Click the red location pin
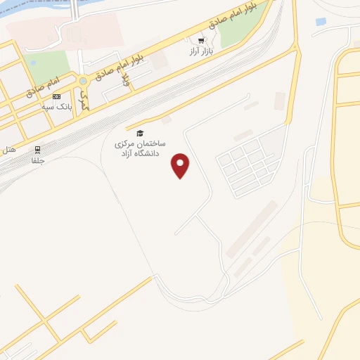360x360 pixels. (x=181, y=165)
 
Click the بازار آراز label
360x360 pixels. (x=201, y=51)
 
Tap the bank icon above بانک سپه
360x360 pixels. (x=57, y=97)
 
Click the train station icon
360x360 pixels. (x=37, y=149)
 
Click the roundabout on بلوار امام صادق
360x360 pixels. (x=83, y=81)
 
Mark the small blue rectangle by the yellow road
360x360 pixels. (x=321, y=22)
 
